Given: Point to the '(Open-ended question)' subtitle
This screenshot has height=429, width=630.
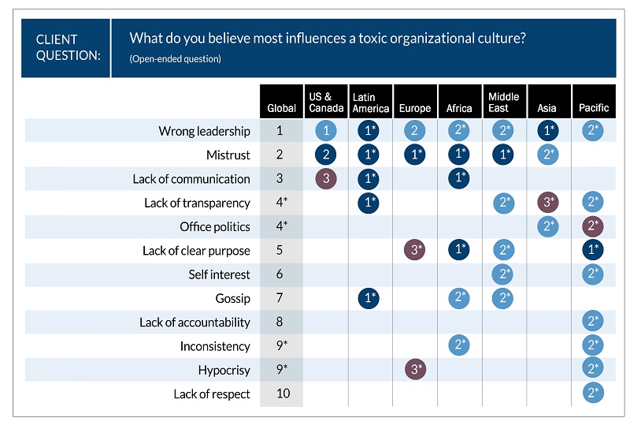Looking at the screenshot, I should [x=175, y=59].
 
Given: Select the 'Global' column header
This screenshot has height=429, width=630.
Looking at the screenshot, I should [x=281, y=108].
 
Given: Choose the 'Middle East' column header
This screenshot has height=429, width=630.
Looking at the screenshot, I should [x=504, y=103].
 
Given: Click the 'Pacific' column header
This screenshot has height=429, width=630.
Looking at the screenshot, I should [x=594, y=108].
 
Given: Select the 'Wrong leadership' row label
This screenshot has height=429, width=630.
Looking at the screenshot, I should [x=204, y=131].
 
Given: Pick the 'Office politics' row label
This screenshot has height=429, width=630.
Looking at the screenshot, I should [x=214, y=227].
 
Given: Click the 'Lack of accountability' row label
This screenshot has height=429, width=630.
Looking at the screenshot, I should [x=195, y=322].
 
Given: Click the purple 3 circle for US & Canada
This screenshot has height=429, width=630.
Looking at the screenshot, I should [x=326, y=179].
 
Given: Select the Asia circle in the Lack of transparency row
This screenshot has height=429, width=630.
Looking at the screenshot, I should [x=548, y=203].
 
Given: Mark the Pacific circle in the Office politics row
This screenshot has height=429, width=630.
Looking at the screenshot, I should [x=594, y=227].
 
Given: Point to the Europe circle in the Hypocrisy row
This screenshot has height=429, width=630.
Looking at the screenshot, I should [x=415, y=370].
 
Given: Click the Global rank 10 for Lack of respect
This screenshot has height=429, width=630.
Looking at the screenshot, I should [x=281, y=394].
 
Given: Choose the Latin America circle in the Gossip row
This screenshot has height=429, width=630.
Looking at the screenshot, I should [x=370, y=298].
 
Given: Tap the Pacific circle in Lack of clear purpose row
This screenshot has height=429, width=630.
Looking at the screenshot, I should [x=594, y=251].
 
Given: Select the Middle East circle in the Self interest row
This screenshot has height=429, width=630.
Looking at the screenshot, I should [x=504, y=274].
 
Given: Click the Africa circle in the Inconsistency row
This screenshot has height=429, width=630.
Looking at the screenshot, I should [x=459, y=346].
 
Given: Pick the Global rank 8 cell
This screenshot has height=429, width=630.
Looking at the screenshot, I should [x=281, y=322].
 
